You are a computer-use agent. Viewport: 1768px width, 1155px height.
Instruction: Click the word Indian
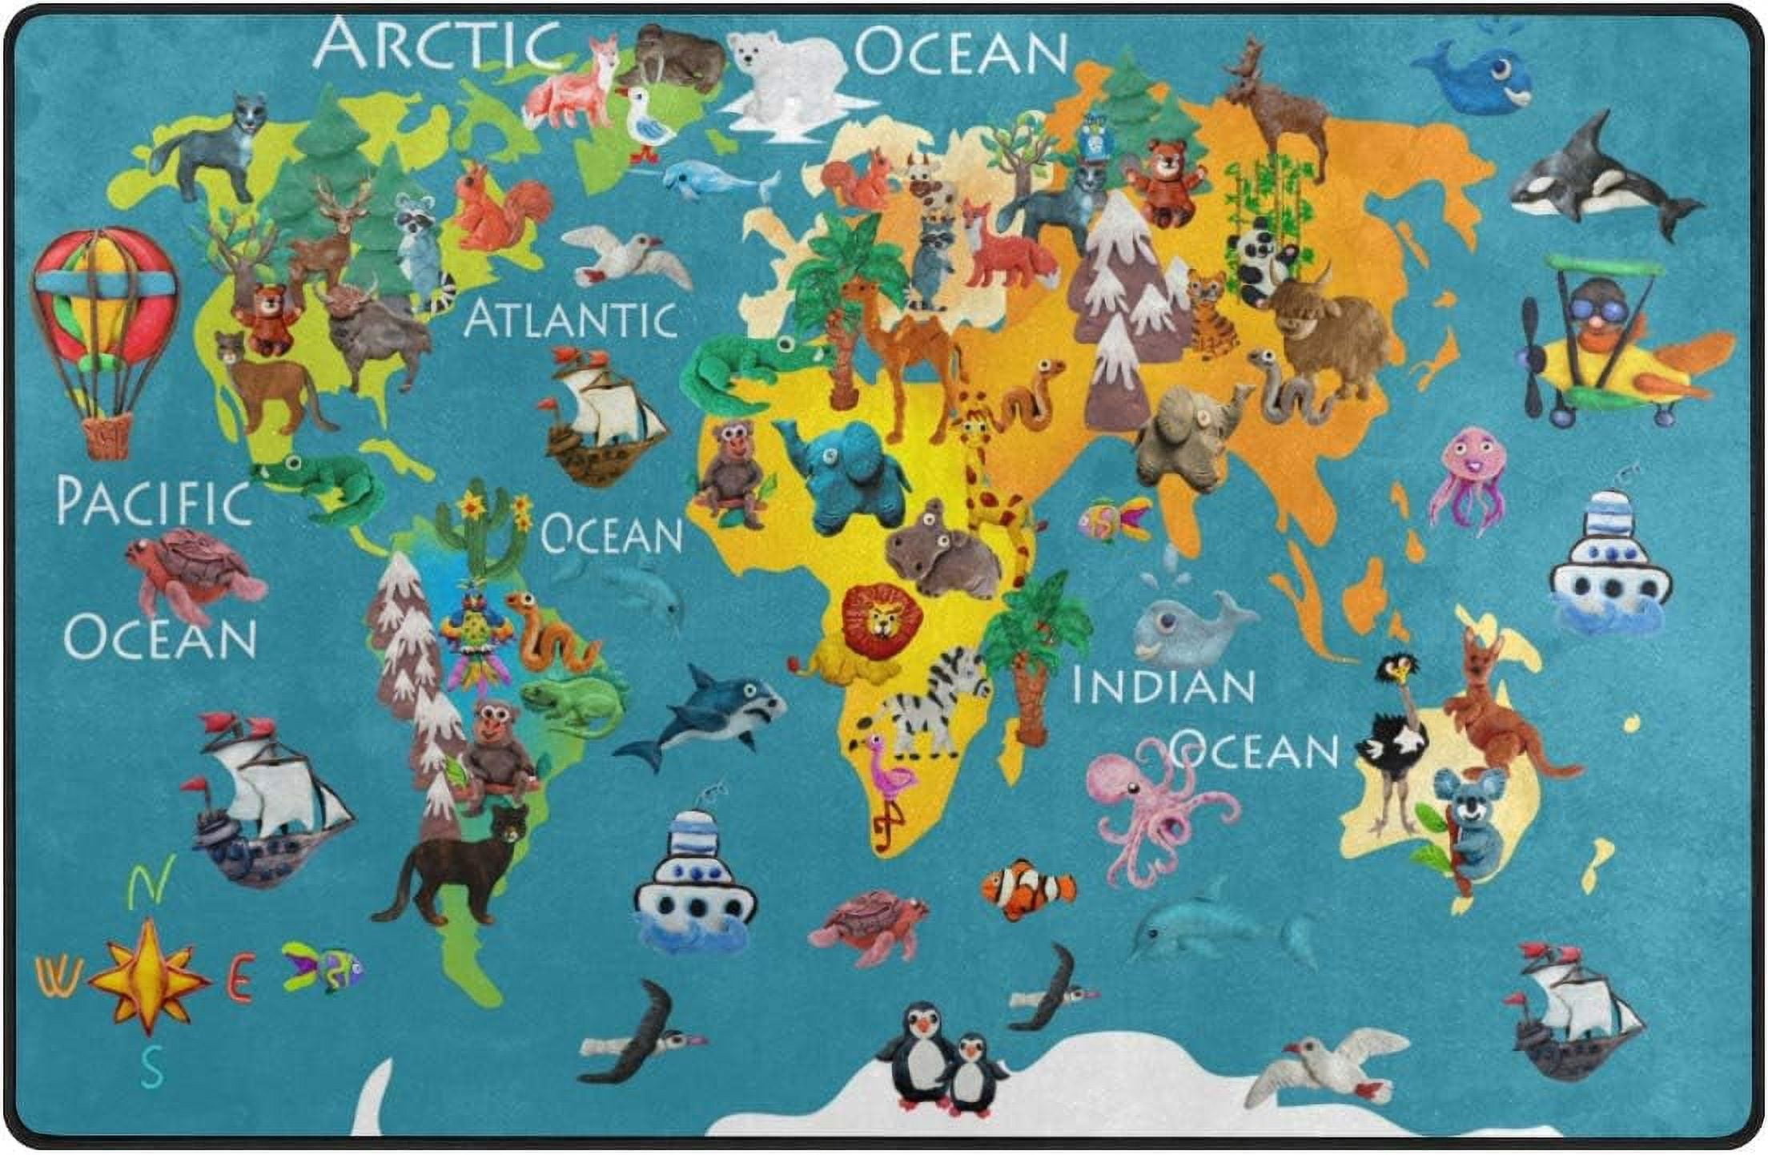[x=1163, y=687]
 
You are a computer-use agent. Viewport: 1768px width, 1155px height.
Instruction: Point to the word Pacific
[x=152, y=502]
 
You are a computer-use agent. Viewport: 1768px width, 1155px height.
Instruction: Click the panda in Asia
[x=1257, y=260]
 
